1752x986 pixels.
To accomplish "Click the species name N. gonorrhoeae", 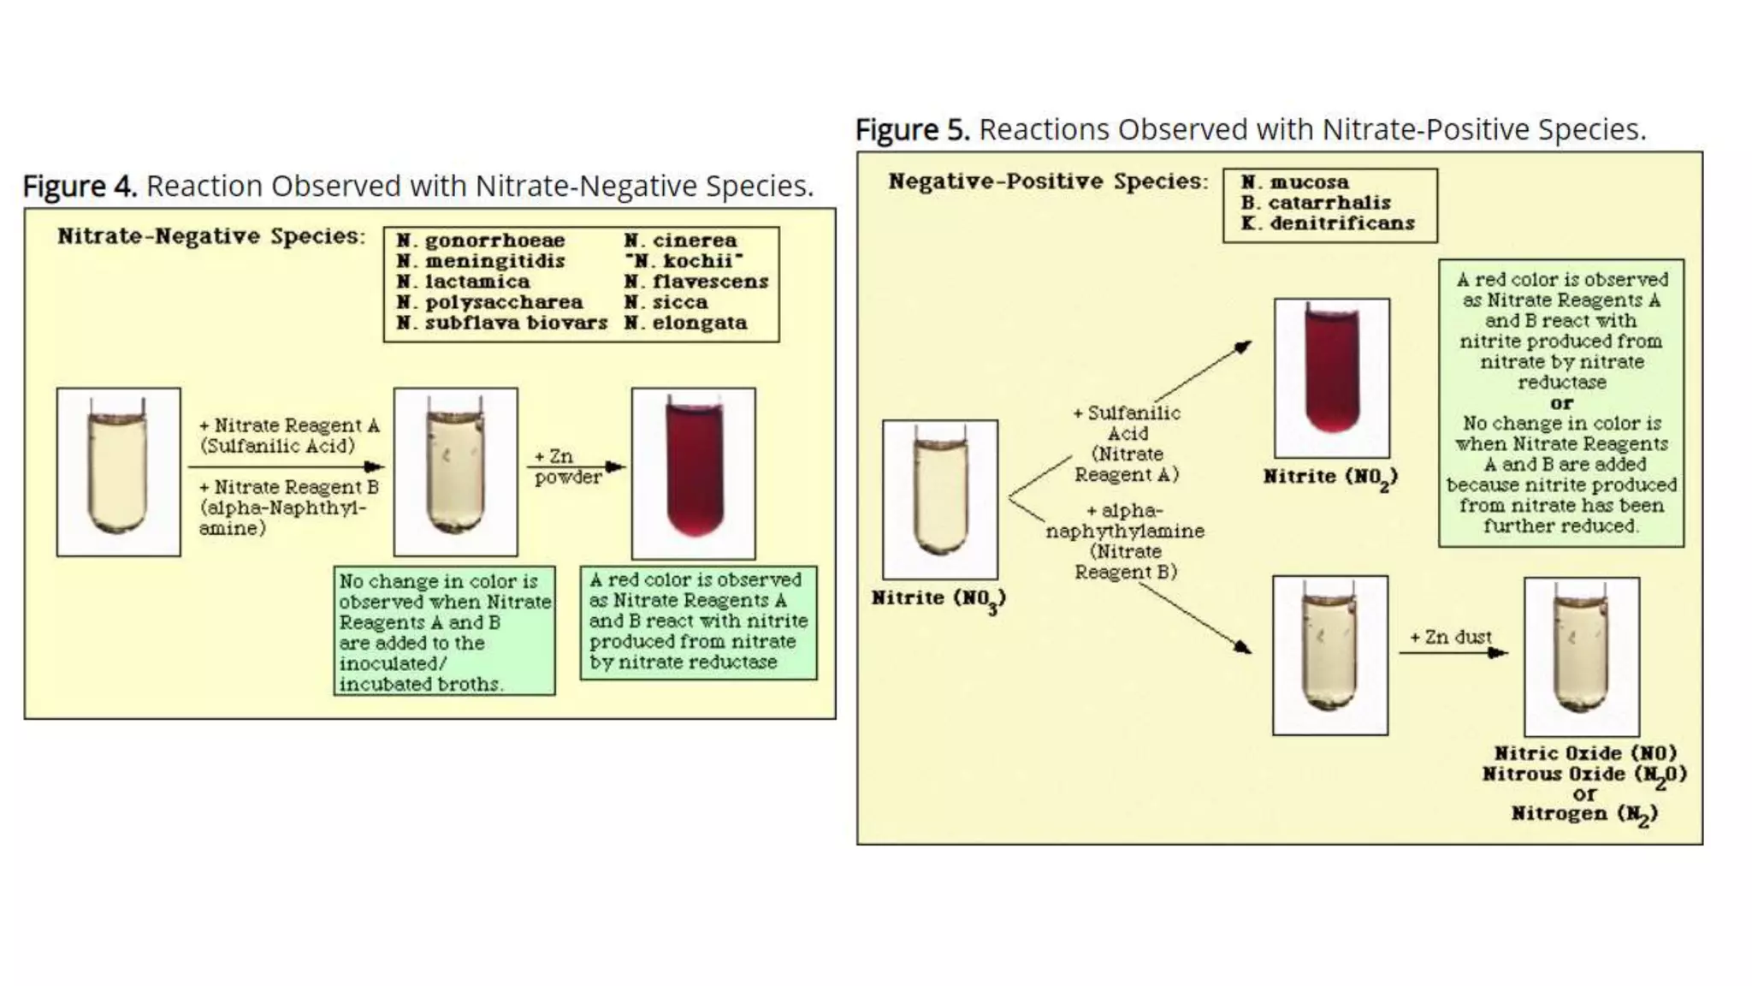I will point(480,241).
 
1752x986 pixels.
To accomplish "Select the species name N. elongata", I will point(685,323).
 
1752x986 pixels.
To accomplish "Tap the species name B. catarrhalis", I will point(1316,203).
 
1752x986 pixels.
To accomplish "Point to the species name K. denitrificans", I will point(1328,223).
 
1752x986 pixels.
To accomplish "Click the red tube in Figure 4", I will point(693,472).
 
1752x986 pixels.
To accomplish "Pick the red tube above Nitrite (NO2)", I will point(1331,377).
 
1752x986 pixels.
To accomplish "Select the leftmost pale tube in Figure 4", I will point(118,472).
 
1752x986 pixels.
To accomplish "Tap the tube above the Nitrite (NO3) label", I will point(939,499).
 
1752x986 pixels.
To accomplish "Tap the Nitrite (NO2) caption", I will point(1330,477).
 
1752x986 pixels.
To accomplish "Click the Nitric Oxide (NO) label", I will point(1585,753).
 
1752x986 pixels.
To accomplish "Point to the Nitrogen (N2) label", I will point(1583,813).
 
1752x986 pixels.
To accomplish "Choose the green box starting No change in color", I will point(444,631).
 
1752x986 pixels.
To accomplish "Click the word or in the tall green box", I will point(1561,403).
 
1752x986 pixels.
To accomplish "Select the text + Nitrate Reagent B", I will point(288,487).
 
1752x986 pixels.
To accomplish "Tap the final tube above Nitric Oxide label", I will point(1581,656).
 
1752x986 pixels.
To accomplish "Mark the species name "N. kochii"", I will point(684,261).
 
